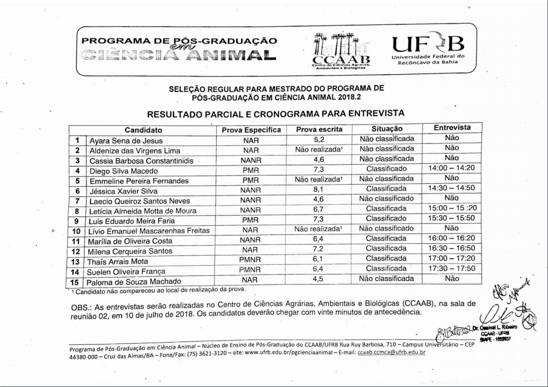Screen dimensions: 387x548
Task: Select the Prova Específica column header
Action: point(251,130)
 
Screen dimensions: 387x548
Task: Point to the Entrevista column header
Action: point(452,128)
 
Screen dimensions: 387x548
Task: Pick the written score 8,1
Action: point(319,190)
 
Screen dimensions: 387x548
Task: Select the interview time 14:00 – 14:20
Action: point(451,169)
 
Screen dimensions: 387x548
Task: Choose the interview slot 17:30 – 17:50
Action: point(451,269)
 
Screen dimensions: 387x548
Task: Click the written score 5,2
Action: point(319,139)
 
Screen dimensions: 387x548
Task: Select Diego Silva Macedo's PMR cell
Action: point(250,171)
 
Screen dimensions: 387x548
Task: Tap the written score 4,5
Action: point(319,279)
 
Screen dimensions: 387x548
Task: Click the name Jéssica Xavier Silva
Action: point(124,191)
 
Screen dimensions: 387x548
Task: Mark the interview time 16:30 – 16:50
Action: point(451,249)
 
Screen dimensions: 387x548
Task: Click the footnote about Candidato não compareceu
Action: point(157,290)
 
